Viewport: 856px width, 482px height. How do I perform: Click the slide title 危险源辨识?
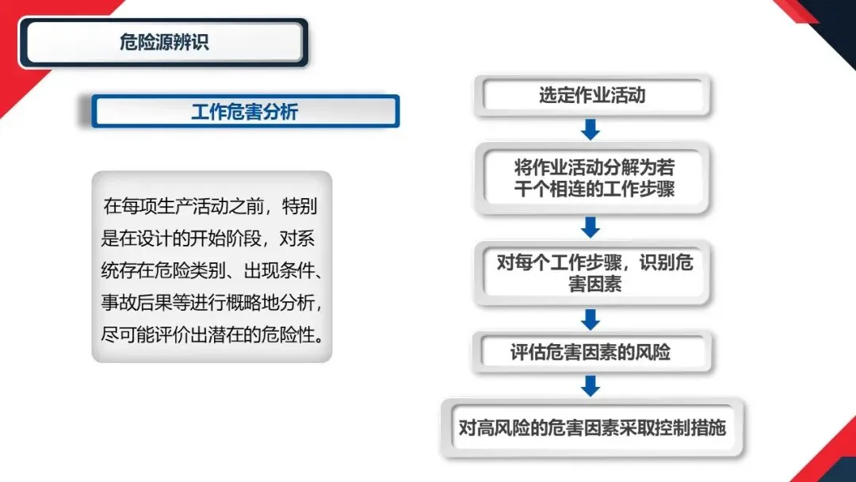pos(164,42)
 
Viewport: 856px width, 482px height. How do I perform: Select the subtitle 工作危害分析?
pos(244,112)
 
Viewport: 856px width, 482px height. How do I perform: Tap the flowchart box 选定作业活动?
pos(592,96)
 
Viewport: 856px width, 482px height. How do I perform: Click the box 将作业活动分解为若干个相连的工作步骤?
pos(594,178)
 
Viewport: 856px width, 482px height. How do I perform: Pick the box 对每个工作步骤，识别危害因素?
pos(594,273)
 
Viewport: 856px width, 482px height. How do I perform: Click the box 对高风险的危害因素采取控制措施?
pos(592,428)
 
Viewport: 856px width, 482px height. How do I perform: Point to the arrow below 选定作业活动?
pos(590,128)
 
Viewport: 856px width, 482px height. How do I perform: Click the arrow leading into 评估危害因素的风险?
pos(590,319)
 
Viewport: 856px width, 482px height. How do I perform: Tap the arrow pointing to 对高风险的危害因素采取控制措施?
pos(590,385)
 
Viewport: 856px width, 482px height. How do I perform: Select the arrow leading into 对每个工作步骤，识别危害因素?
pos(590,227)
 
